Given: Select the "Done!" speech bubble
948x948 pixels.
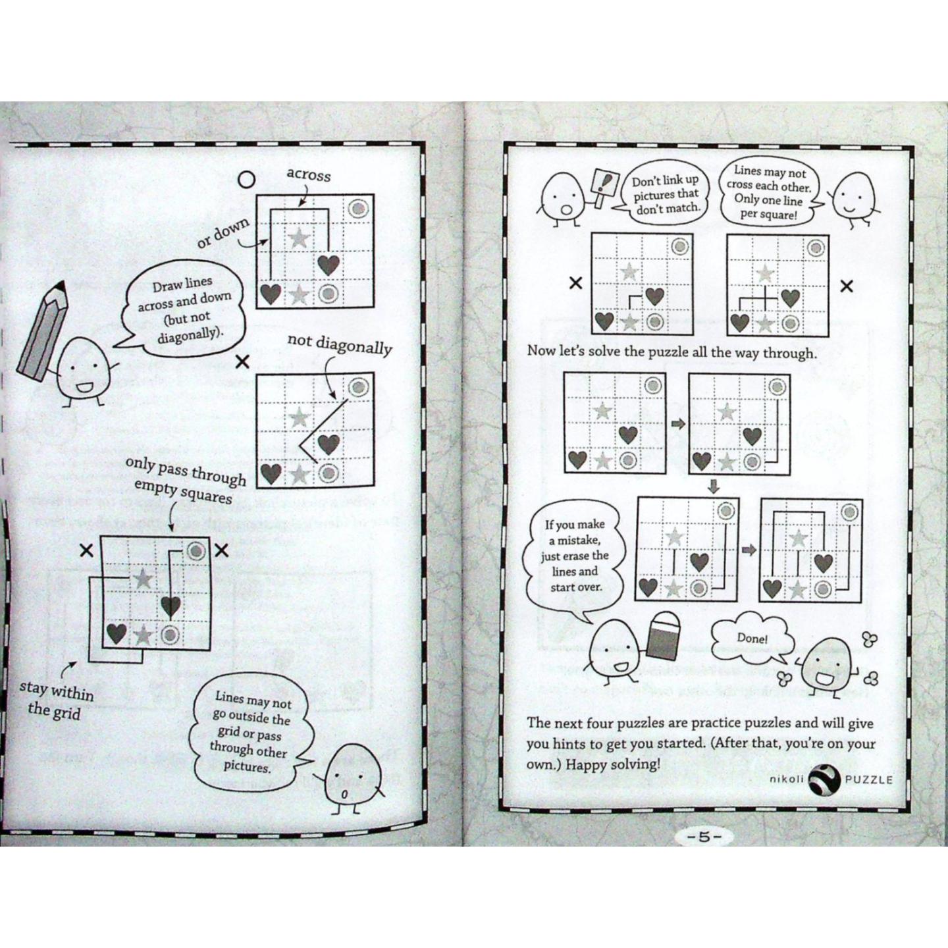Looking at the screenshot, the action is pyautogui.click(x=752, y=638).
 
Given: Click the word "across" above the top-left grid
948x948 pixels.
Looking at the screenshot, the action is pyautogui.click(x=308, y=175).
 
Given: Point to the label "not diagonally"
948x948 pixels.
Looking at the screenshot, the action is pyautogui.click(x=339, y=344).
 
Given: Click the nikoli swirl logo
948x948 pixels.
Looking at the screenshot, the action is pyautogui.click(x=825, y=779).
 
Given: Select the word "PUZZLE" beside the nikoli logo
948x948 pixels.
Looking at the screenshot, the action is pyautogui.click(x=869, y=780).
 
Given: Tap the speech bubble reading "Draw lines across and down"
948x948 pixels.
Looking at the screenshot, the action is pyautogui.click(x=182, y=309).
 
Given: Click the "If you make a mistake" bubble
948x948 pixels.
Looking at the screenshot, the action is pyautogui.click(x=575, y=556).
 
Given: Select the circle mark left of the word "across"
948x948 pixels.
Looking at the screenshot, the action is pyautogui.click(x=246, y=179).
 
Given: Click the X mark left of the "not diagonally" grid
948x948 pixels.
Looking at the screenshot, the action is pyautogui.click(x=242, y=361).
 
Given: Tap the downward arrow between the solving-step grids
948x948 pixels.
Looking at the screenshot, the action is pyautogui.click(x=714, y=487).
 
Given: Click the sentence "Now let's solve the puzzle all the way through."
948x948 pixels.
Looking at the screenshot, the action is pyautogui.click(x=671, y=352).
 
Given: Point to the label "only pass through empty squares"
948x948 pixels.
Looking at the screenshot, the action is pyautogui.click(x=185, y=481).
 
